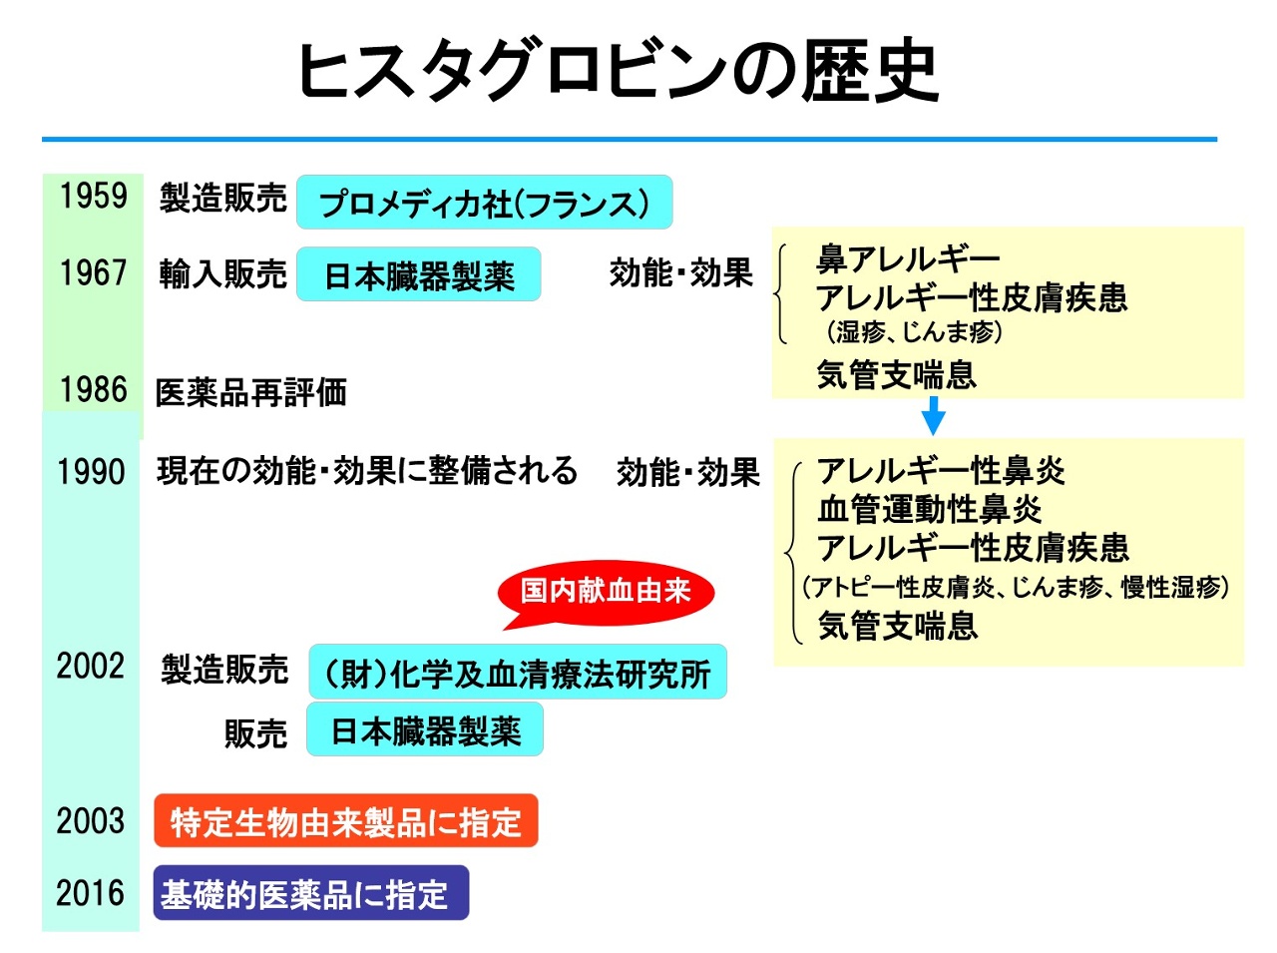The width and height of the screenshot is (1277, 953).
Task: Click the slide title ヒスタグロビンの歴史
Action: tap(618, 72)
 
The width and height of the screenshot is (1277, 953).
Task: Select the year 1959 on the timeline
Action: tap(93, 196)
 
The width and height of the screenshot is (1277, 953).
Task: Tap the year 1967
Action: tap(93, 272)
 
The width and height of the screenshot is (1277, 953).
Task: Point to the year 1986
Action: tap(93, 389)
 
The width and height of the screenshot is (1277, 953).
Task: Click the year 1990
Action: tap(91, 471)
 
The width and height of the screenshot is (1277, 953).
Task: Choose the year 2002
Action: tap(91, 666)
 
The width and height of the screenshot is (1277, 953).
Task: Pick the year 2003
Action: tap(91, 820)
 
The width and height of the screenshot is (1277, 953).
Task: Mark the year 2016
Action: tap(91, 892)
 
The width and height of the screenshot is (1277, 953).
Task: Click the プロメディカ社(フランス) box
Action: tap(485, 203)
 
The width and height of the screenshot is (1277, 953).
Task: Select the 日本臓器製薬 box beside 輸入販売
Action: tap(419, 274)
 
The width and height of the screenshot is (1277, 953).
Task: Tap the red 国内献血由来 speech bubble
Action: tap(606, 591)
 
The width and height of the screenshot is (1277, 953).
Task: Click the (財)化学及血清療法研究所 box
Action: tap(517, 673)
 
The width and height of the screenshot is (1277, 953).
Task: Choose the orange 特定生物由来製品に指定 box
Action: tap(346, 821)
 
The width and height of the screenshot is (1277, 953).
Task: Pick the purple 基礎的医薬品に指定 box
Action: tap(310, 893)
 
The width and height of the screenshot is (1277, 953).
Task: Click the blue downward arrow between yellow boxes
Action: tap(933, 415)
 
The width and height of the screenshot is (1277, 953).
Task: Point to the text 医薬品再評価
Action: tap(250, 392)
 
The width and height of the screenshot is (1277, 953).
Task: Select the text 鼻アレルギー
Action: tap(908, 259)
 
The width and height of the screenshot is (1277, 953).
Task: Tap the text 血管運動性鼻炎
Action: tap(930, 509)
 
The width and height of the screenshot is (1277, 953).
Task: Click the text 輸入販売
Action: tap(222, 273)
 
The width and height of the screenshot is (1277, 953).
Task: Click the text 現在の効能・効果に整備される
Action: tap(367, 470)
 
